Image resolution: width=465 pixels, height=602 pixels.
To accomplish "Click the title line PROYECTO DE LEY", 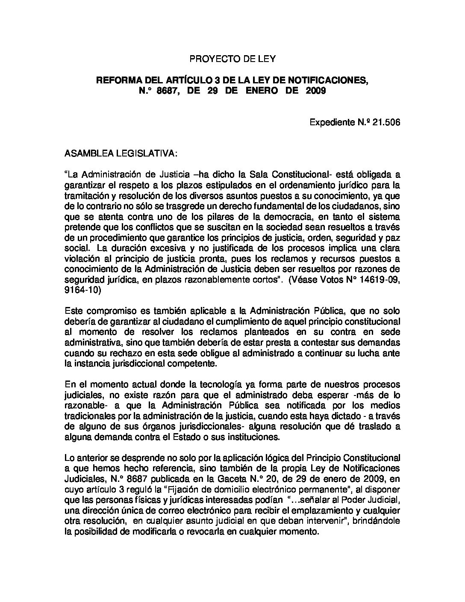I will [x=232, y=59].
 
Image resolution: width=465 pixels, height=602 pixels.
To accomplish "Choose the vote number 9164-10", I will [x=82, y=289].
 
